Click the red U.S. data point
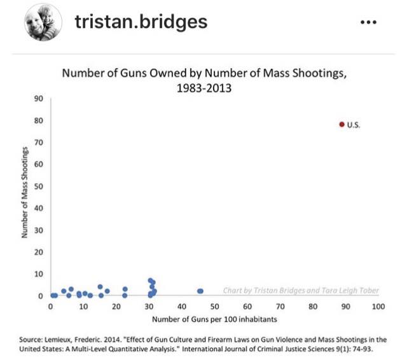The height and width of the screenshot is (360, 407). [x=342, y=125]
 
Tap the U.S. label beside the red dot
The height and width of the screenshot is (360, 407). [x=354, y=125]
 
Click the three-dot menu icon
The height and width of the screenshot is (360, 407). [x=368, y=22]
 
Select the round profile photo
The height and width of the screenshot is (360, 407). [x=43, y=22]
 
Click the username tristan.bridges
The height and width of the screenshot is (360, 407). [x=141, y=22]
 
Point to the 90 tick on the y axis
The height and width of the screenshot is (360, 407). [x=38, y=99]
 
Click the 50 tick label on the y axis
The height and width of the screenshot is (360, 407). [x=38, y=186]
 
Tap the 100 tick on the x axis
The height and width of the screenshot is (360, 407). [x=378, y=307]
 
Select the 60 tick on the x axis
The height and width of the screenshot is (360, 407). [x=247, y=307]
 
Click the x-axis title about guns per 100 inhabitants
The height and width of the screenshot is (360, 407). [x=214, y=319]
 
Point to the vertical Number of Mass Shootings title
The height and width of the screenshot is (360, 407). [x=24, y=192]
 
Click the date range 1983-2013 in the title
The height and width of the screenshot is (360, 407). [x=204, y=88]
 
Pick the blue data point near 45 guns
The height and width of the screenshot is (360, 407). [x=200, y=291]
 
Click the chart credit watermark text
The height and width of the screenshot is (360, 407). [x=301, y=291]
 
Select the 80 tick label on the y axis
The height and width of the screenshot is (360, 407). [x=38, y=121]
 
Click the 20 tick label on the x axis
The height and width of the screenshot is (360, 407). [x=116, y=307]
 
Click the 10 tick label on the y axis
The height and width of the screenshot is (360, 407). [x=38, y=274]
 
